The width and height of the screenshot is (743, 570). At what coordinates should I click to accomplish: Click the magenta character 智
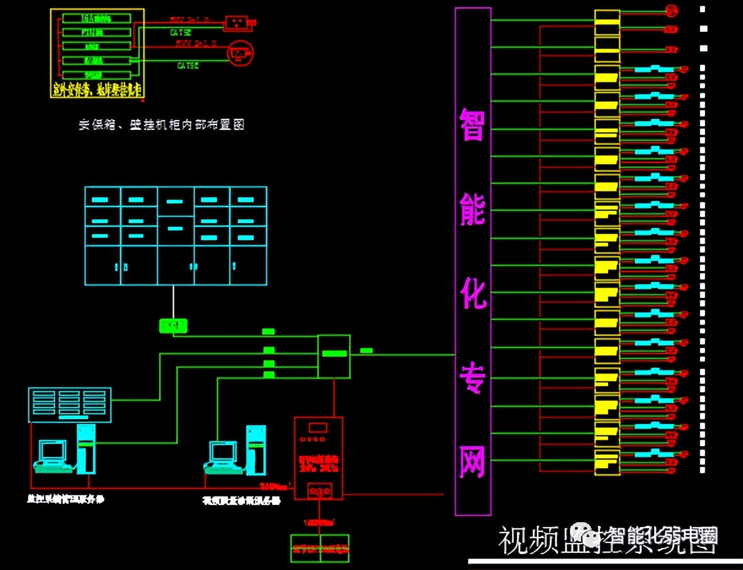(x=473, y=124)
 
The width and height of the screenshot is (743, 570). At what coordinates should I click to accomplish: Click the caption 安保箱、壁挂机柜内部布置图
(x=161, y=124)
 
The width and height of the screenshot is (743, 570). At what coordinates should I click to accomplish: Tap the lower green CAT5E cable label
(x=188, y=65)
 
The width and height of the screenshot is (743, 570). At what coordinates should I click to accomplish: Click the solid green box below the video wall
(x=173, y=325)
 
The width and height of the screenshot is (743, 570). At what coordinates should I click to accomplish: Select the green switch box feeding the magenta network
(x=334, y=356)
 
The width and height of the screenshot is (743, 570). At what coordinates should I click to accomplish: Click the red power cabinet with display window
(x=318, y=458)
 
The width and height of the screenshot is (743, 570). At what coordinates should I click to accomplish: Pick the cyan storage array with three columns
(x=70, y=405)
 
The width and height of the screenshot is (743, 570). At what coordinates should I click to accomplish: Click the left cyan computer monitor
(x=51, y=452)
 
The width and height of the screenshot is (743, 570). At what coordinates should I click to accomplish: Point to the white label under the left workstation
(x=66, y=499)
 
